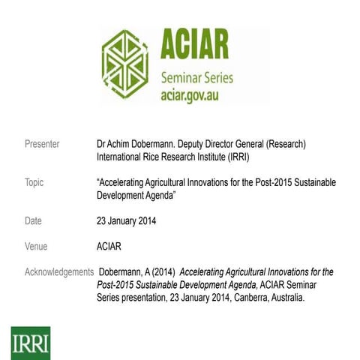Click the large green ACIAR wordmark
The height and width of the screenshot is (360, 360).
tap(194, 47)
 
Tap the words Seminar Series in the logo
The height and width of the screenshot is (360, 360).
tap(196, 78)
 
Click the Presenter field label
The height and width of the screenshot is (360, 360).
tap(43, 143)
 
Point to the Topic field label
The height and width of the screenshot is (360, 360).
tap(34, 182)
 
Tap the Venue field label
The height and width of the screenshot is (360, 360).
tap(37, 245)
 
